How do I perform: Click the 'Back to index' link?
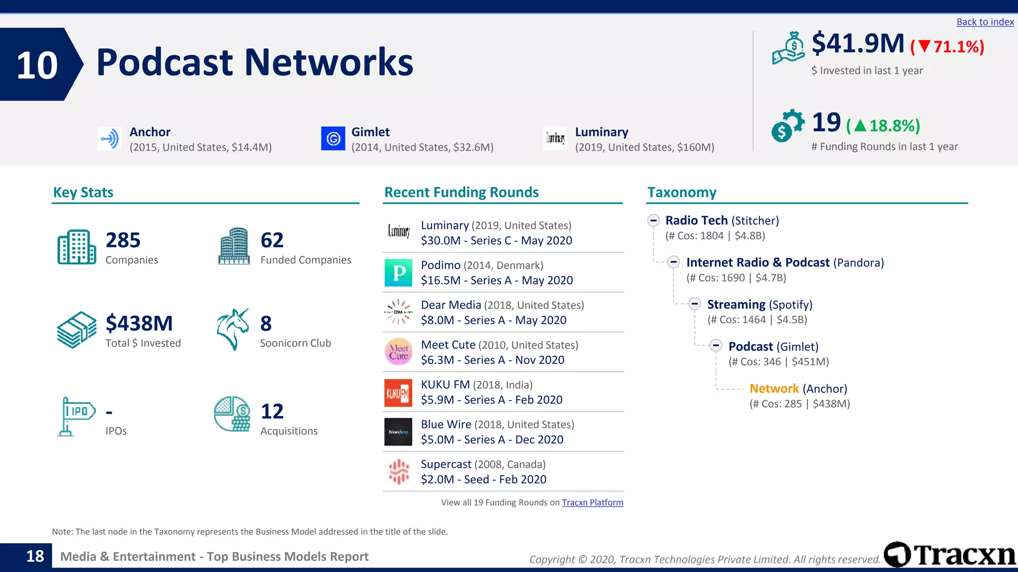coord(985,22)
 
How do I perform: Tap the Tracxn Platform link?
coord(592,502)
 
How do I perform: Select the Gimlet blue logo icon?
coord(333,139)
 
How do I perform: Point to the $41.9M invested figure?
coord(857,44)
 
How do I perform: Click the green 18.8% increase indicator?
coord(883,126)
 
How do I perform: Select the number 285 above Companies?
coord(123,240)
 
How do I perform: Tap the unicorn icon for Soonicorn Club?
coord(233,329)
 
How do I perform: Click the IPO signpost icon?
coord(76,416)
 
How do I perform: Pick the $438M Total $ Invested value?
coord(139,324)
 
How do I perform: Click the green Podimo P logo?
coord(398,273)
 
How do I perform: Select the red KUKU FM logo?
coord(398,393)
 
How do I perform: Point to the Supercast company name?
coord(445,464)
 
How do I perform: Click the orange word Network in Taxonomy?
coord(774,389)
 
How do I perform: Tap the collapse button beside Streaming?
coord(694,304)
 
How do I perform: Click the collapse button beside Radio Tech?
coord(653,220)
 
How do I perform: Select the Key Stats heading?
coord(84,193)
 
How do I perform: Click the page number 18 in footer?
coord(35,556)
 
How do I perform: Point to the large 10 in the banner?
coord(37,66)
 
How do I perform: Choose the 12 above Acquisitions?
coord(272,412)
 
